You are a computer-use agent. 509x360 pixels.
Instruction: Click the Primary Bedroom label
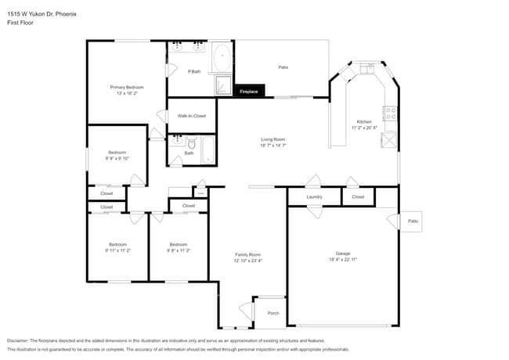[x=126, y=87]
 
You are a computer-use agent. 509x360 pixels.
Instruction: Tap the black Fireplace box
[x=250, y=92]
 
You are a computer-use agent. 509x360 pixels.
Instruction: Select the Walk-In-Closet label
[x=192, y=116]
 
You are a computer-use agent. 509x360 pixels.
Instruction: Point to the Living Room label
[x=273, y=139]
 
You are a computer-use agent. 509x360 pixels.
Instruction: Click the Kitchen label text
[x=364, y=121]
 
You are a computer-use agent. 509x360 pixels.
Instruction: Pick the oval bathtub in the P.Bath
[x=222, y=59]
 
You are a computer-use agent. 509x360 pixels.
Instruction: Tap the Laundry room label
[x=315, y=197]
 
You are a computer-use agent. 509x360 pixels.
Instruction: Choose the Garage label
[x=343, y=254]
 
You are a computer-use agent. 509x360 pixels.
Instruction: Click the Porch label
[x=273, y=313]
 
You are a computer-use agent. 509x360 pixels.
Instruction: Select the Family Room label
[x=248, y=254]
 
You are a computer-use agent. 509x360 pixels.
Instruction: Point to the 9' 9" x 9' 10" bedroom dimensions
[x=116, y=158]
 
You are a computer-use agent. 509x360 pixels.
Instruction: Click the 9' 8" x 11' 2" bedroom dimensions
[x=179, y=250]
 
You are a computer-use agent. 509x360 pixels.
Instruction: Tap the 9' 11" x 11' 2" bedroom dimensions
[x=116, y=250]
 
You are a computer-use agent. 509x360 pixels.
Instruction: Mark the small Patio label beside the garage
[x=413, y=221]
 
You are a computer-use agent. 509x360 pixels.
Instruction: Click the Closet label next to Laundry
[x=358, y=197]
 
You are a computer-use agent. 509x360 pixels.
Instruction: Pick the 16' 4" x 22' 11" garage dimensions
[x=343, y=259]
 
